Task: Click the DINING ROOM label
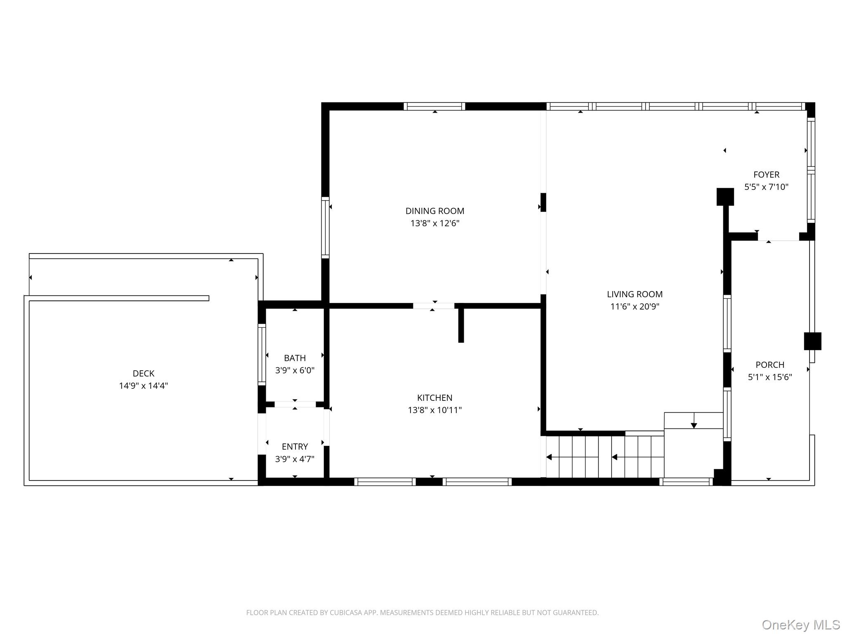point(434,211)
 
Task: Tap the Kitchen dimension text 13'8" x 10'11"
point(434,410)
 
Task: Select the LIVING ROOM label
point(634,294)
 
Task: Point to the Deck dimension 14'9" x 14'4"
point(143,386)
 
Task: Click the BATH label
point(295,358)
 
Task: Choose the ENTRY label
point(295,447)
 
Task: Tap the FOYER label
point(766,175)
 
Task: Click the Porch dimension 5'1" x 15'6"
point(769,377)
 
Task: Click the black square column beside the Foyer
point(725,196)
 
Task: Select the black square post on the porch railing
point(812,341)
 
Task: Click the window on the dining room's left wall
point(325,228)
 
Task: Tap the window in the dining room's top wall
point(434,106)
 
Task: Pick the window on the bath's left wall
point(262,355)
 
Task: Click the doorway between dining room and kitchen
point(433,306)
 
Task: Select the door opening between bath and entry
point(295,404)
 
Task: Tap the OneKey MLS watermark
point(800,625)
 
